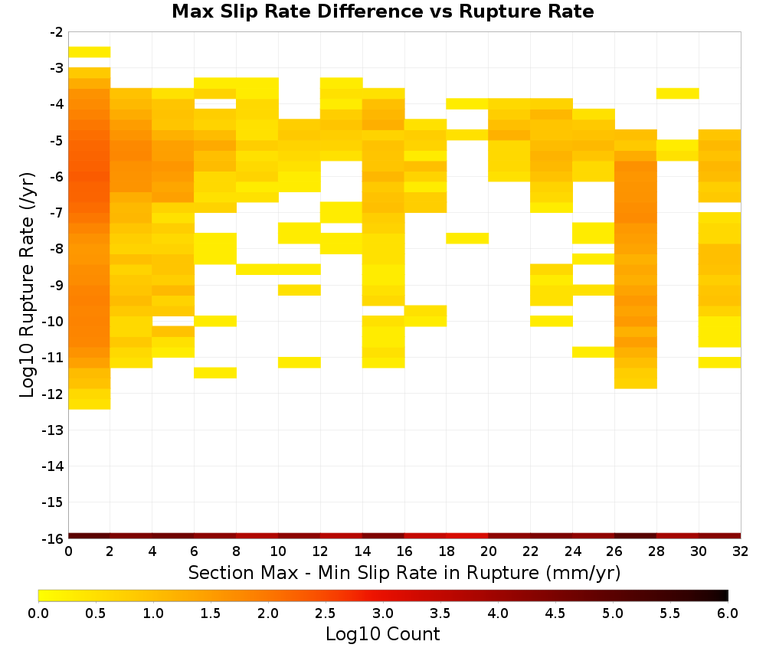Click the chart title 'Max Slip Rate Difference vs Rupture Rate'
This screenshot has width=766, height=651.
pyautogui.click(x=382, y=11)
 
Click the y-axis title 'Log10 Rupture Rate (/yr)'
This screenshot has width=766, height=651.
pyautogui.click(x=28, y=285)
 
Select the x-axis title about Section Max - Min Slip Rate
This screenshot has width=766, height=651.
pyautogui.click(x=404, y=572)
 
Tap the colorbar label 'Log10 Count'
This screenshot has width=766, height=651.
pyautogui.click(x=382, y=633)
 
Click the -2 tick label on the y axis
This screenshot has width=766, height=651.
pyautogui.click(x=56, y=32)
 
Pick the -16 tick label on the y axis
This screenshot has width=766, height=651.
pyautogui.click(x=54, y=538)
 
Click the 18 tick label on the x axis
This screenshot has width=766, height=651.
pyautogui.click(x=447, y=551)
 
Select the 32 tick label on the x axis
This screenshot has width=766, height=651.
pyautogui.click(x=741, y=551)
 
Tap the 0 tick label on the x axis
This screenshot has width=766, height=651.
pyautogui.click(x=68, y=551)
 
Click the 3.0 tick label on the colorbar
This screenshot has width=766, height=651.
pyautogui.click(x=382, y=613)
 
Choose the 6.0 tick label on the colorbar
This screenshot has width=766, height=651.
pyautogui.click(x=728, y=613)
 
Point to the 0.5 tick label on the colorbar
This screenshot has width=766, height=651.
pyautogui.click(x=95, y=613)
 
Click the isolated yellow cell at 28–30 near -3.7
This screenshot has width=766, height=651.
pyautogui.click(x=678, y=93)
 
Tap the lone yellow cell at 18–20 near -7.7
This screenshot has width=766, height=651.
pyautogui.click(x=467, y=238)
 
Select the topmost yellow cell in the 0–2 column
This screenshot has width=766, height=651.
pyautogui.click(x=90, y=52)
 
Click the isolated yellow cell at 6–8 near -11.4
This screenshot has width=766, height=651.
pyautogui.click(x=215, y=373)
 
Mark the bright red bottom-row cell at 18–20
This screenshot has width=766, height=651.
pyautogui.click(x=467, y=536)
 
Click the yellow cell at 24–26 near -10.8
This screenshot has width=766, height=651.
pyautogui.click(x=594, y=352)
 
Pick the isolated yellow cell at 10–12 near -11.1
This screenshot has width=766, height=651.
pyautogui.click(x=300, y=362)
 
